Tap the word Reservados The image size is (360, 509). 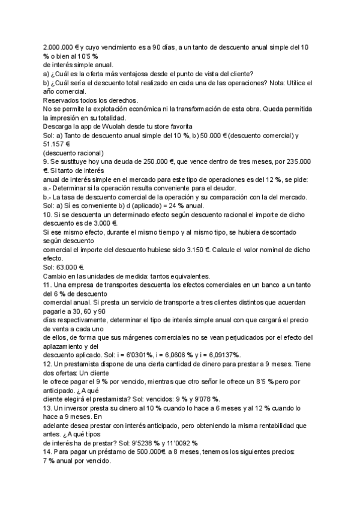65,100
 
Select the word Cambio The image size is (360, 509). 56,276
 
